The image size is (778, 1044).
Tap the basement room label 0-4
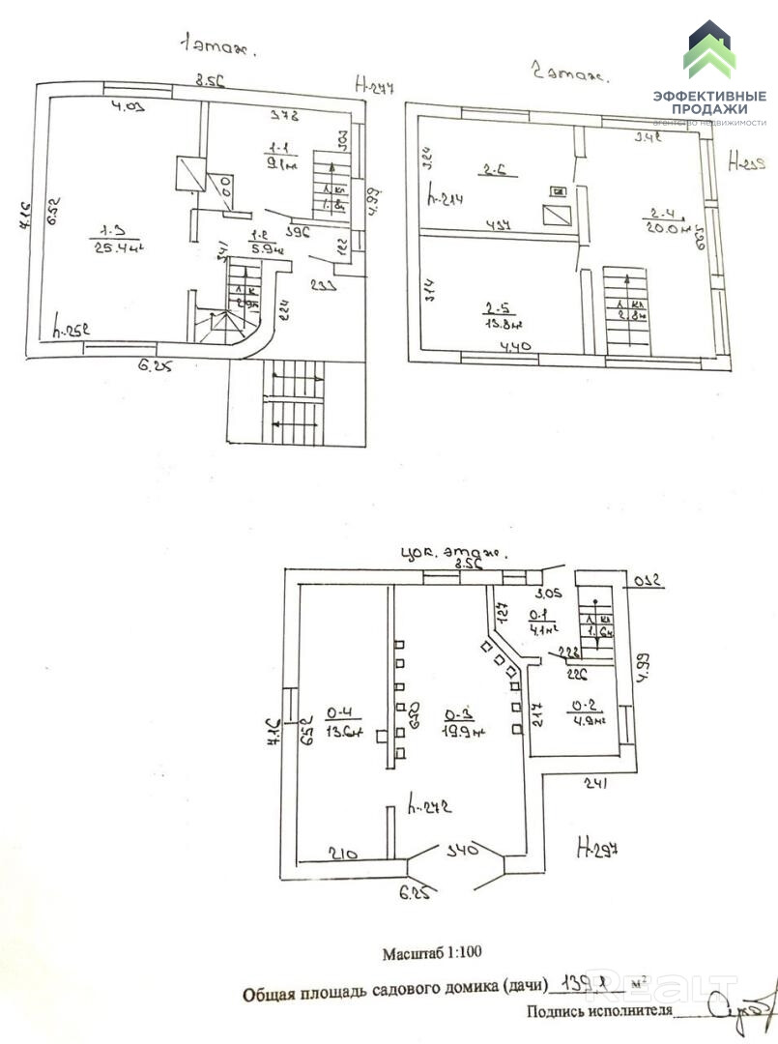pyautogui.click(x=343, y=722)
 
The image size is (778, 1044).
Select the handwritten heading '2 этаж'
pyautogui.click(x=567, y=72)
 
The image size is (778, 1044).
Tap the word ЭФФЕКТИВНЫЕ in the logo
pyautogui.click(x=709, y=96)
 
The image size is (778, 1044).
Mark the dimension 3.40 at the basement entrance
pyautogui.click(x=458, y=852)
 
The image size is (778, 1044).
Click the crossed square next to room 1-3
pyautogui.click(x=188, y=174)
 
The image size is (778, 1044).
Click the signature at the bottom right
pyautogui.click(x=742, y=1004)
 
